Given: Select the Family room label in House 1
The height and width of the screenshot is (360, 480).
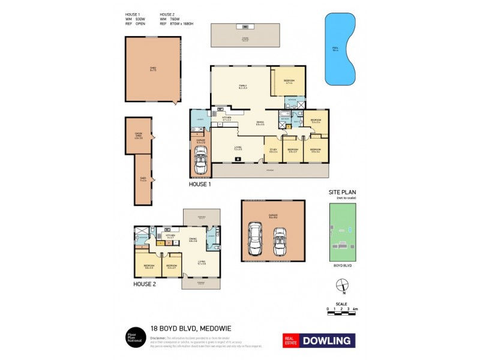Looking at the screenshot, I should point(242,86).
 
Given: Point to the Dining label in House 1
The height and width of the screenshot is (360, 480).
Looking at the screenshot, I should point(260,124).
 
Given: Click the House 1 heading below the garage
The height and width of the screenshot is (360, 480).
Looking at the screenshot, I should point(200,185).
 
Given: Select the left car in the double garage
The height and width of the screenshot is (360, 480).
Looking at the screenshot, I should point(256,239).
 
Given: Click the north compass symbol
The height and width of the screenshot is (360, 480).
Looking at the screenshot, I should point(341,286).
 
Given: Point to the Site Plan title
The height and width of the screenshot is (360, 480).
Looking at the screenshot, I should point(341,193).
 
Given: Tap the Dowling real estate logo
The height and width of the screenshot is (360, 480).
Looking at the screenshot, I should point(319,340).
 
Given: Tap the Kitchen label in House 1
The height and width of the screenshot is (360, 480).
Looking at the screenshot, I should point(227,119).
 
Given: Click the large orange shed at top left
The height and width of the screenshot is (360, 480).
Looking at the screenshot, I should point(153,69).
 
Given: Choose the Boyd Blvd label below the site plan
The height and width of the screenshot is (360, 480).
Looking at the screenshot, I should point(341,265).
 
